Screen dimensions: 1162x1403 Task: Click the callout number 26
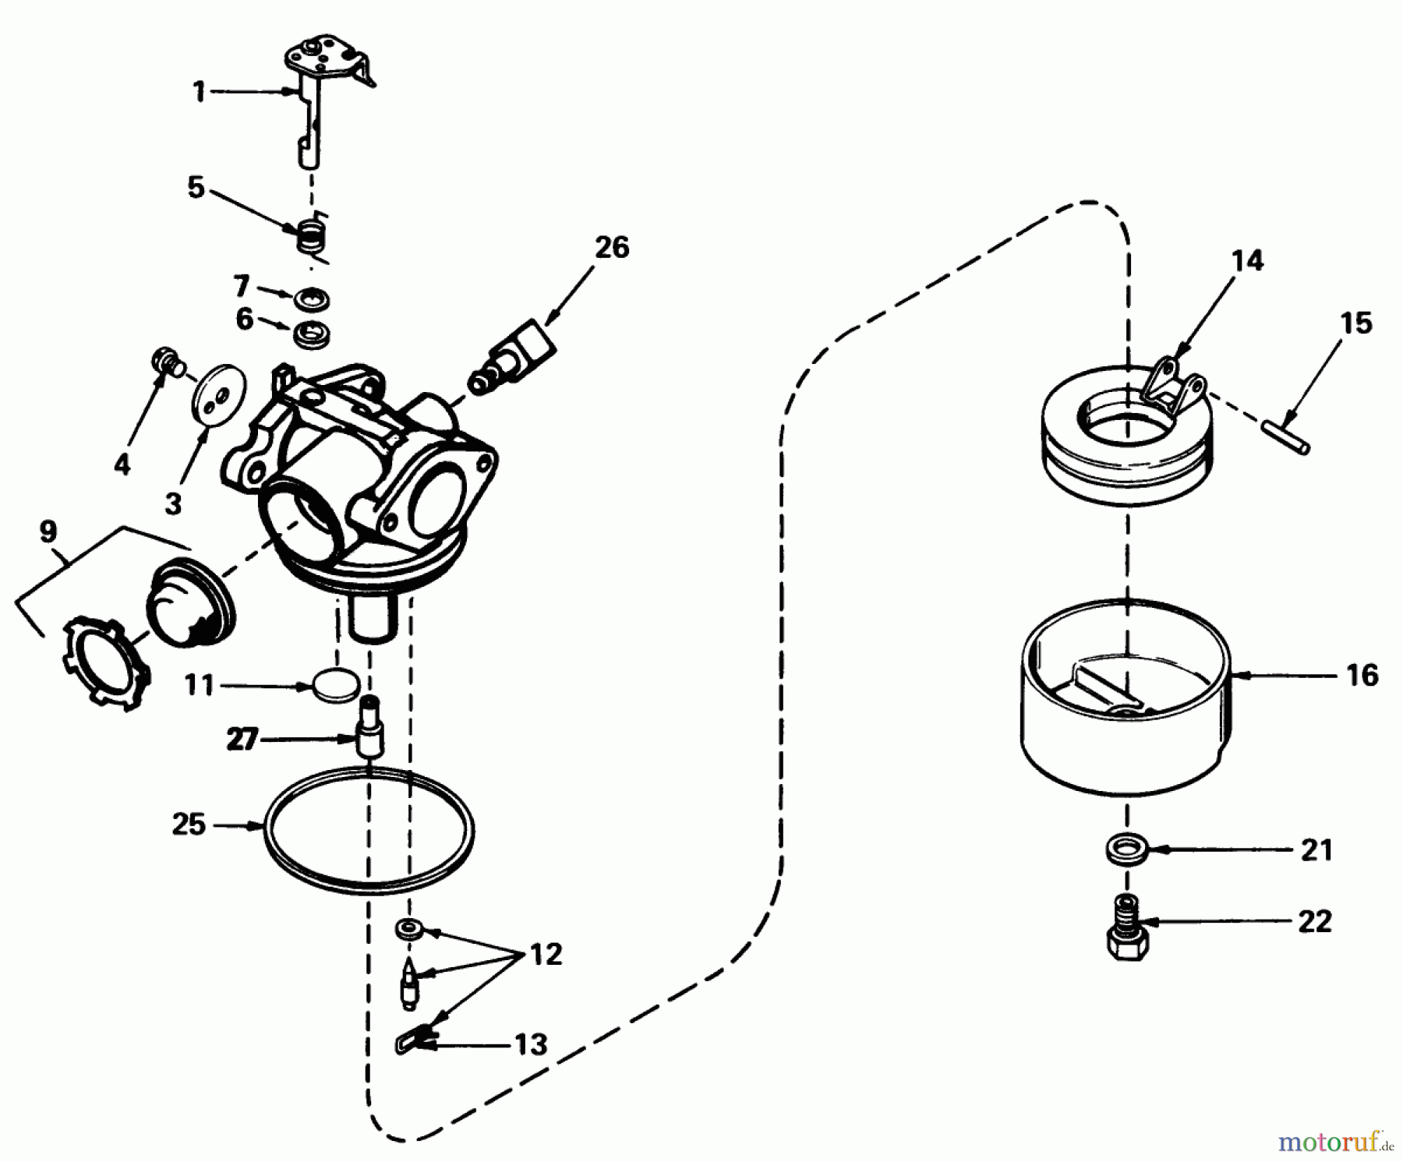[x=612, y=248]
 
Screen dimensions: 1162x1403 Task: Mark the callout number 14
[x=1247, y=260]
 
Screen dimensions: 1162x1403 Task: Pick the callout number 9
[x=48, y=532]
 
